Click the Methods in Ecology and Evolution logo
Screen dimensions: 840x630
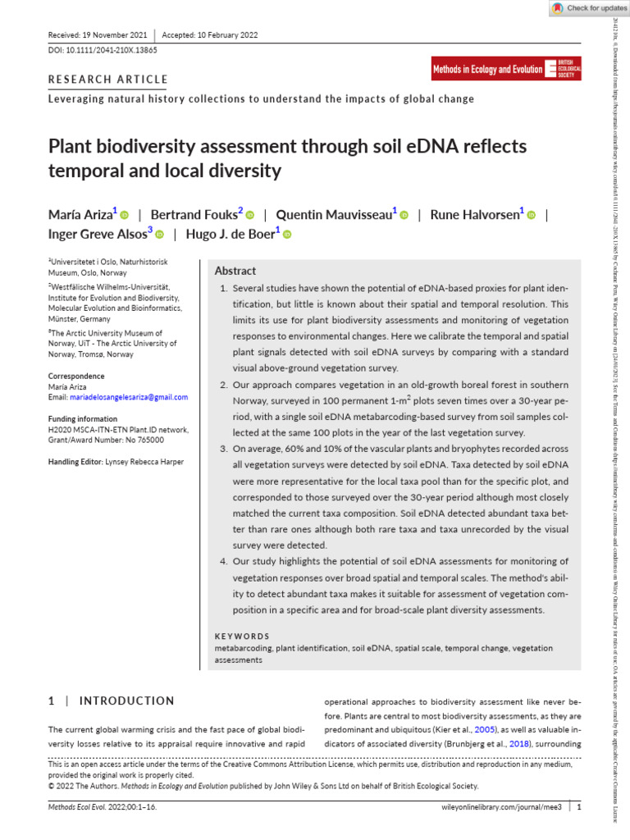coord(506,70)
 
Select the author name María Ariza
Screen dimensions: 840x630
coord(80,215)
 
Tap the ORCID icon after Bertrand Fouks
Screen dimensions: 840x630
coord(251,215)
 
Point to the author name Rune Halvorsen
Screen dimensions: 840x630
coord(474,215)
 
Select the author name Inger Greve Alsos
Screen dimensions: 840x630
coord(97,235)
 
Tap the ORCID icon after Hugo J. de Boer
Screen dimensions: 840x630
coord(288,235)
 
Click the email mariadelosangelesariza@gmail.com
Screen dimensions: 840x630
coord(118,397)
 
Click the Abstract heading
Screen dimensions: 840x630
coord(235,271)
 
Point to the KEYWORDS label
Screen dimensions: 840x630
coord(242,636)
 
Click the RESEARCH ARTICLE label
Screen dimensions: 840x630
coord(108,80)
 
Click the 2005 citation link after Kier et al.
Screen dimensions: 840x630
coord(482,730)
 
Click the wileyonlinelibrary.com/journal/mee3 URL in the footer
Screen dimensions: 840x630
coord(495,807)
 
